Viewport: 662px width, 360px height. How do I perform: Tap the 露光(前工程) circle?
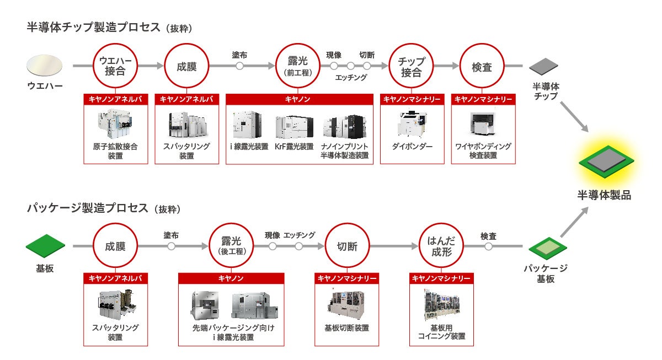tap(298, 66)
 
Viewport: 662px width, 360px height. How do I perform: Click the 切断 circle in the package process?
tap(347, 246)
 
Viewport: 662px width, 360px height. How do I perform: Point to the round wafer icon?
tap(45, 66)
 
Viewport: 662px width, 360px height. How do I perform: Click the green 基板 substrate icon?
tap(45, 244)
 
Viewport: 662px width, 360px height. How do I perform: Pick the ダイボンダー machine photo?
tap(412, 125)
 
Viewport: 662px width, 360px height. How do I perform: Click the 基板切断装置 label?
tap(346, 327)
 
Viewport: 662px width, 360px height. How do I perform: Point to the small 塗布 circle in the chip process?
tap(239, 66)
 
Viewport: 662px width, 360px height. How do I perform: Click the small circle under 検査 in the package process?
tap(488, 246)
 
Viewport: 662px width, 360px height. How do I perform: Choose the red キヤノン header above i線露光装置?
tap(298, 99)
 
